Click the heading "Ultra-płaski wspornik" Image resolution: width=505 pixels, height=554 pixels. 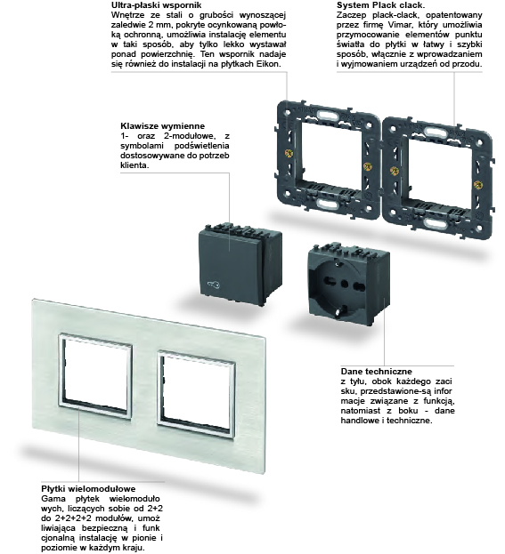[x=144, y=5]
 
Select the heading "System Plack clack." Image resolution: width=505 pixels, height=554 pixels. [x=377, y=5]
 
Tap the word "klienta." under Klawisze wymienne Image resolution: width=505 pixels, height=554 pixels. [x=135, y=165]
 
